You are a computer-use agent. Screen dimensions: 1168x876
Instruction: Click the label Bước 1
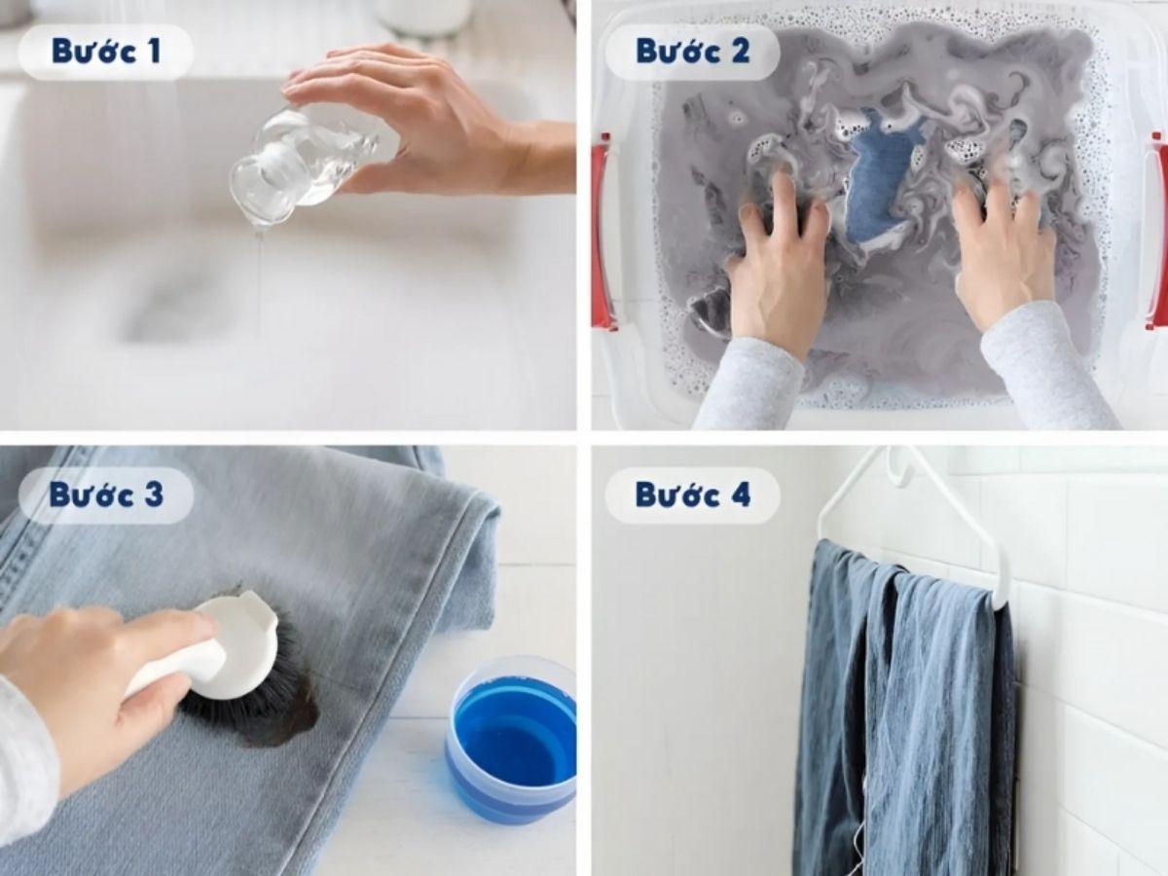click(106, 53)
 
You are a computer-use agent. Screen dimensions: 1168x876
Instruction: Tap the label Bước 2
click(693, 52)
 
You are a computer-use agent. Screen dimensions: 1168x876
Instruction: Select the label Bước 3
click(106, 495)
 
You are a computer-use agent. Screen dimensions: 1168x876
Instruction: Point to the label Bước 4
click(693, 495)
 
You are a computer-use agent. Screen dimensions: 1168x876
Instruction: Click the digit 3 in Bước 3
click(153, 494)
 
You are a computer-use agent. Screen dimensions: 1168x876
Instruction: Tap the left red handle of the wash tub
click(602, 232)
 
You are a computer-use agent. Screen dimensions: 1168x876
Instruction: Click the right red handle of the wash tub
click(1157, 232)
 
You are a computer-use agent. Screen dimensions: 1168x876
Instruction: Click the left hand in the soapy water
click(777, 266)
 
